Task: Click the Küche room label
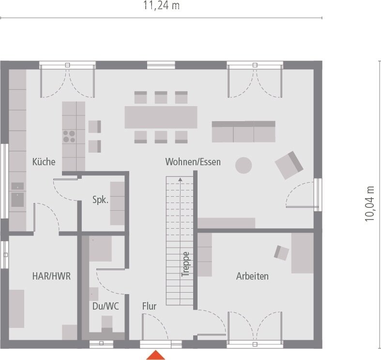44,162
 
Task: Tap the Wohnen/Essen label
193,162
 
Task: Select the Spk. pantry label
100,199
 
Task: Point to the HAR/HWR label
51,276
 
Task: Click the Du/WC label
106,306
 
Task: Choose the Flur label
149,306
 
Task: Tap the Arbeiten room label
252,276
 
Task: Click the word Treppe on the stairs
185,264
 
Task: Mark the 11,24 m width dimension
161,6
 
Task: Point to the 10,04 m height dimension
370,203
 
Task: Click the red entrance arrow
156,355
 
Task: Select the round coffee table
244,165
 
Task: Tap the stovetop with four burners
69,136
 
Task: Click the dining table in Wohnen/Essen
161,117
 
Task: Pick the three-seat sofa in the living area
244,131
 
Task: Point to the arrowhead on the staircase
180,179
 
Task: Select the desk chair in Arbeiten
281,252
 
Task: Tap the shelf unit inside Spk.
117,203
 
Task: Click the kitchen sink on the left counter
17,199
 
